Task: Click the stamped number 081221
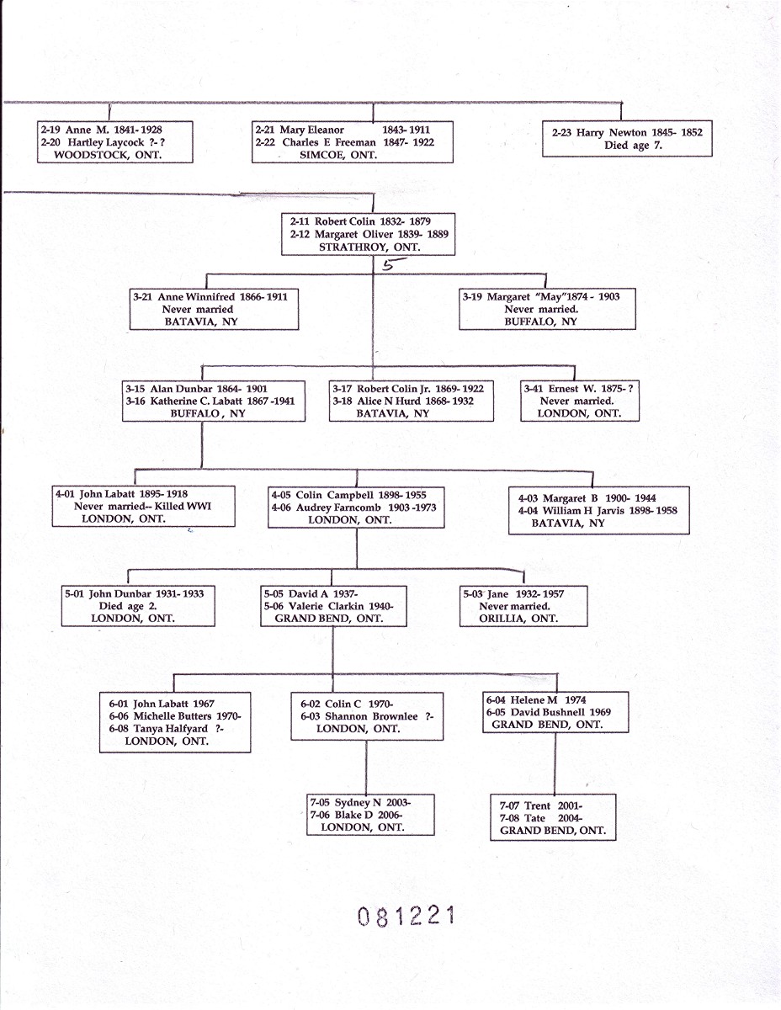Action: point(406,916)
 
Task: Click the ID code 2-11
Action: point(300,221)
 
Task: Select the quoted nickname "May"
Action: point(550,297)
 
